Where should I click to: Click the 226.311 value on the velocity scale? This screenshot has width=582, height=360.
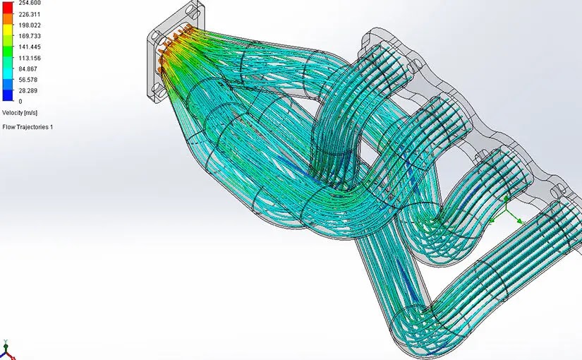tap(30, 15)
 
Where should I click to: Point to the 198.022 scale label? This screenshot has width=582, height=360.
tap(30, 25)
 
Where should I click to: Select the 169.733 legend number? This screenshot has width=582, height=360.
tap(30, 36)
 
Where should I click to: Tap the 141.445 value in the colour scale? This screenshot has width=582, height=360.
tap(30, 47)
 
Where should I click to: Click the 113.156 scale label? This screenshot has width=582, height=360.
tap(30, 58)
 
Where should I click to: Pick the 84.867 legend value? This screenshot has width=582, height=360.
tap(28, 68)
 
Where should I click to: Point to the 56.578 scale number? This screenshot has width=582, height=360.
tap(28, 80)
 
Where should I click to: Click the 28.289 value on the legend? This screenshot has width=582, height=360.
tap(28, 90)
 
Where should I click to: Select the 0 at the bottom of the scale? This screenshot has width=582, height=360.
tap(20, 101)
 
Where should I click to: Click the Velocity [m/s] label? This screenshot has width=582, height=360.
tap(20, 112)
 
